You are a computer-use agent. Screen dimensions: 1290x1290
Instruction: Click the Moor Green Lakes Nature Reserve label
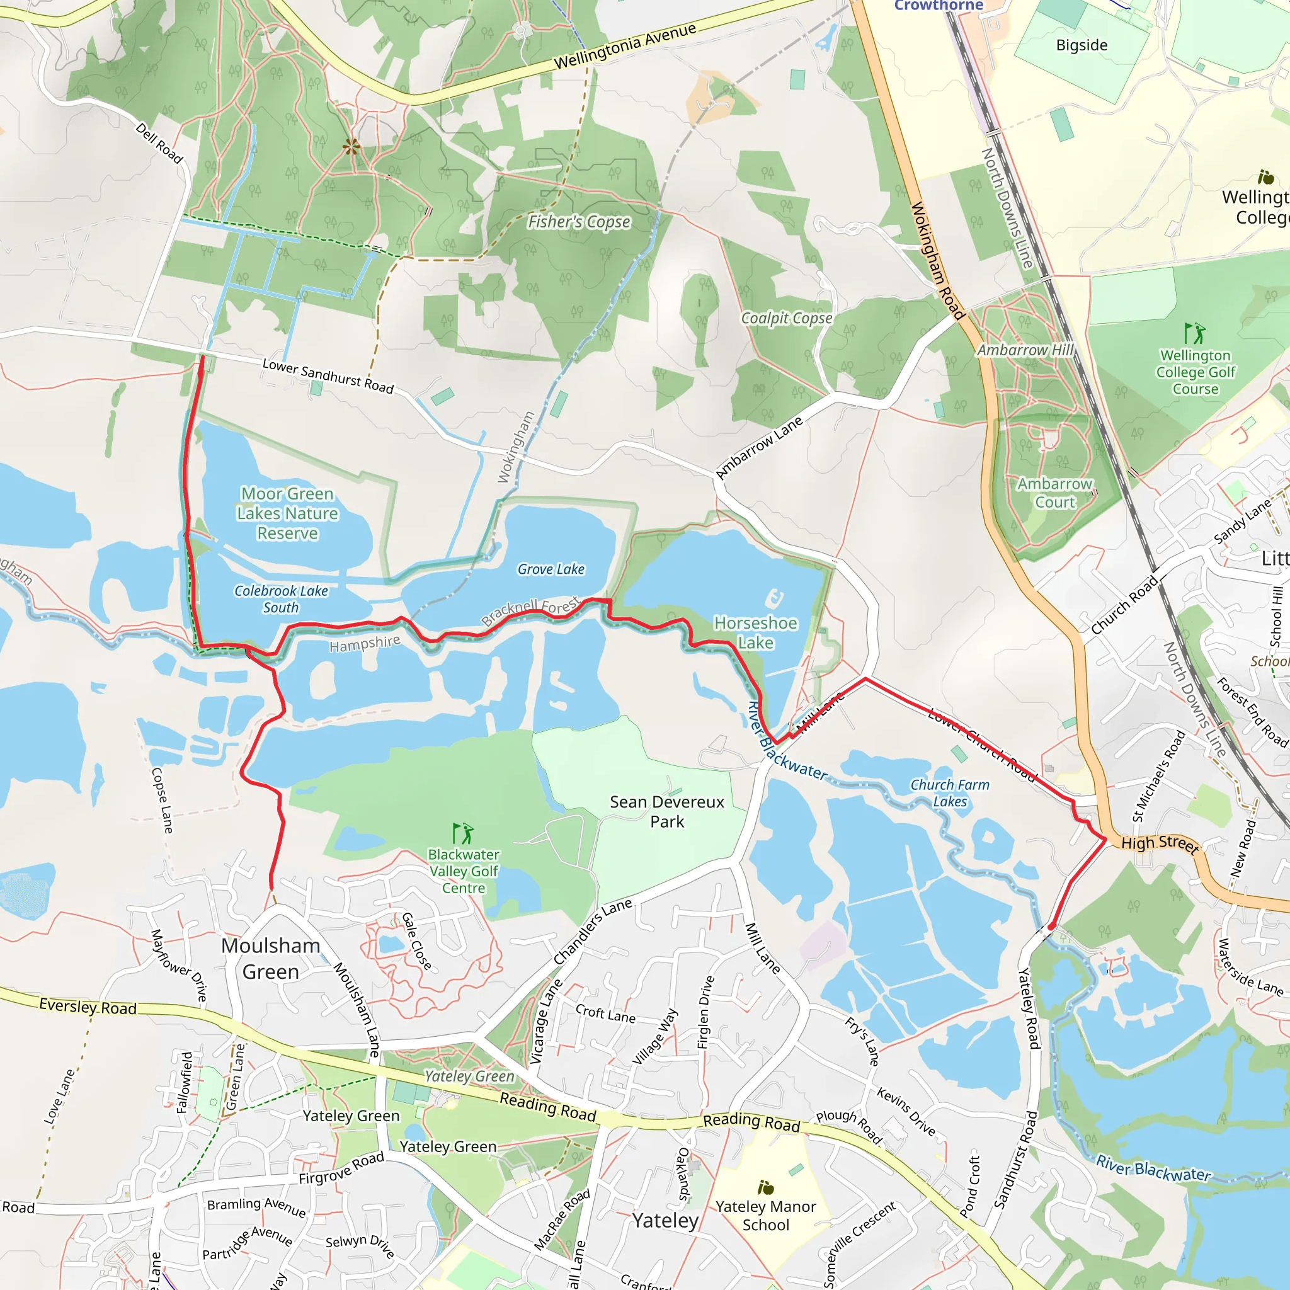pos(287,513)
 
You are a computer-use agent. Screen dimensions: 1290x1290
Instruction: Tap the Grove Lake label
pos(551,569)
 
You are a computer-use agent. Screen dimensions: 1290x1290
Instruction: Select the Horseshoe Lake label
pos(755,632)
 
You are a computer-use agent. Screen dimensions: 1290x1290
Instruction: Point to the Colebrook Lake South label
pos(280,599)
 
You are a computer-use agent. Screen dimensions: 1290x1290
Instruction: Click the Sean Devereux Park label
pos(666,811)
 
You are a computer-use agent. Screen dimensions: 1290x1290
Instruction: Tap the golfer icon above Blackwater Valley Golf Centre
pos(463,833)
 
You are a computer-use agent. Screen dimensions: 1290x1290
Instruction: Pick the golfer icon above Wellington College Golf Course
pos(1194,333)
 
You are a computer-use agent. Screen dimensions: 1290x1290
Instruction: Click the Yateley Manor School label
pos(765,1215)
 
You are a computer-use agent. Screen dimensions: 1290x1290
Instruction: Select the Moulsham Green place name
pos(270,958)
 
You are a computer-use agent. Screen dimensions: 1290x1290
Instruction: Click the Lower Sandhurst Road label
pos(328,376)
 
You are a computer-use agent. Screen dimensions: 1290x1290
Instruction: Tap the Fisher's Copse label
pos(579,222)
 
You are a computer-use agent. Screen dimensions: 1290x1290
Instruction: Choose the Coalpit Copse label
pos(787,319)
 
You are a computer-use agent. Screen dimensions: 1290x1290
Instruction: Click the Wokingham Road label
pos(937,260)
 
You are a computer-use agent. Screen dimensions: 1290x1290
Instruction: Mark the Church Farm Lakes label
pos(949,792)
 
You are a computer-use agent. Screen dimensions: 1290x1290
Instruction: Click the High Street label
pos(1160,844)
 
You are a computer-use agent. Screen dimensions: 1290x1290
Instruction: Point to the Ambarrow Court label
pos(1054,493)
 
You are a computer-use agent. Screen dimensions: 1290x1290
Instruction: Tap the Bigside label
pos(1082,45)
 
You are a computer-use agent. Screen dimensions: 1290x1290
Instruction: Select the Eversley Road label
pos(88,1006)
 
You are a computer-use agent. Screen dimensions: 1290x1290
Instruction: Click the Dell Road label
pos(159,143)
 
